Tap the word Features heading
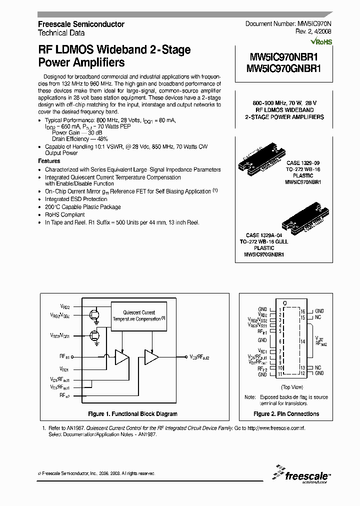[49, 161]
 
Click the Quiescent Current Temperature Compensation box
[140, 316]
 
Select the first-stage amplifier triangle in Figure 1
[121, 356]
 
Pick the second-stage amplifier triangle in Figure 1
[151, 356]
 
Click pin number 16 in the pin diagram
[303, 311]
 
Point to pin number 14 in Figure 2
[303, 341]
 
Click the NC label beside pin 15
[318, 317]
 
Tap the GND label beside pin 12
[319, 373]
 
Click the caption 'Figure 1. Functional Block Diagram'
[132, 414]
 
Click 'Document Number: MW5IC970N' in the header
[288, 24]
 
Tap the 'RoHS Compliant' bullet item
[65, 214]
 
